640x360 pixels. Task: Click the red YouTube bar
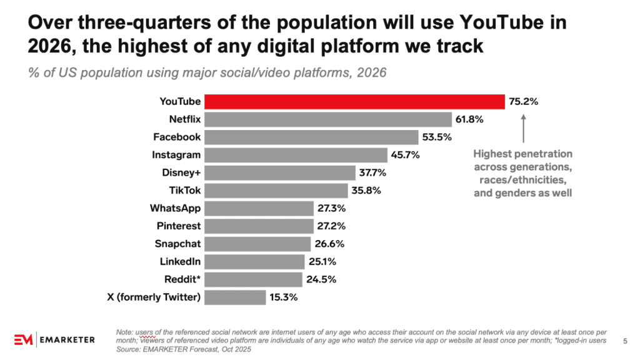coord(355,102)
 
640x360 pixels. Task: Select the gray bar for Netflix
coord(328,119)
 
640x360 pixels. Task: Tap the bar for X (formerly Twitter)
coord(235,297)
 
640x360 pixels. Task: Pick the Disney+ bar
coord(280,172)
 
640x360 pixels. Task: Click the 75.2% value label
coord(523,102)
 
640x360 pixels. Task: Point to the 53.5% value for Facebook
coord(437,137)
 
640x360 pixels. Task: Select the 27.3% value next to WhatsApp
coord(331,208)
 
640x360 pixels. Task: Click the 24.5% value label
coord(321,279)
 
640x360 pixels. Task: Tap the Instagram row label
coord(176,155)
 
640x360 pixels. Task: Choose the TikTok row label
coord(185,191)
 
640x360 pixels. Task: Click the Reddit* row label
coord(182,279)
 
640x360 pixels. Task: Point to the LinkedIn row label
coord(180,262)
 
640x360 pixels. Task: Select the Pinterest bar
coord(259,226)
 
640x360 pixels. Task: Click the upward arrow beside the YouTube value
coord(523,128)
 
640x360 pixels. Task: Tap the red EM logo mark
coord(23,339)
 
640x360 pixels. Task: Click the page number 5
coord(625,341)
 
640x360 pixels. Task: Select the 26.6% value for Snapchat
coord(329,244)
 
